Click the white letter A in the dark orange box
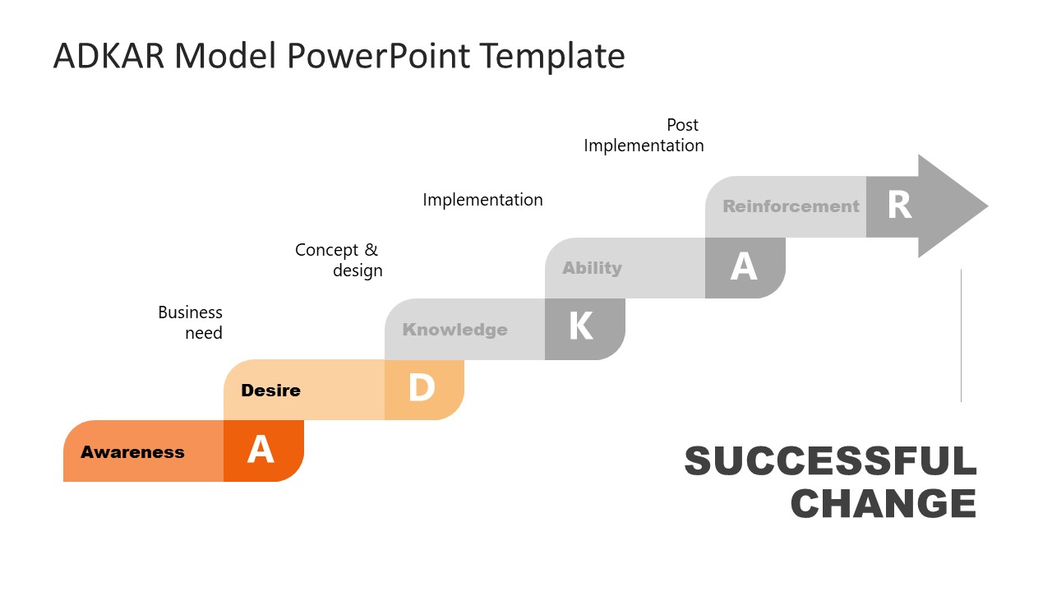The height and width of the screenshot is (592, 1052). pyautogui.click(x=261, y=451)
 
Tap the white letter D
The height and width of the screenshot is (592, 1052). pyautogui.click(x=422, y=389)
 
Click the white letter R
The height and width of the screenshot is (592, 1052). pyautogui.click(x=900, y=206)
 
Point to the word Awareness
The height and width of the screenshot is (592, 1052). pyautogui.click(x=132, y=452)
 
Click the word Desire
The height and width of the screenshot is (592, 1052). pyautogui.click(x=270, y=391)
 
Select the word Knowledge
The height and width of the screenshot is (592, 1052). pyautogui.click(x=454, y=330)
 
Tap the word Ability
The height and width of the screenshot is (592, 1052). pyautogui.click(x=592, y=268)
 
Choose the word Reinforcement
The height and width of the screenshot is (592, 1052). pyautogui.click(x=791, y=206)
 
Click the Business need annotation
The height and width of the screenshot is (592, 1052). pyautogui.click(x=191, y=322)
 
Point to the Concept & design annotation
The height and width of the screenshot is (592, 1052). pyautogui.click(x=339, y=260)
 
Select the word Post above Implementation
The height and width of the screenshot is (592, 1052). pyautogui.click(x=682, y=125)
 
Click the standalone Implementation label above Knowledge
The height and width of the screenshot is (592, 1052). pyautogui.click(x=482, y=200)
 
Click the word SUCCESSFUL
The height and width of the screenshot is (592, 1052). pyautogui.click(x=830, y=461)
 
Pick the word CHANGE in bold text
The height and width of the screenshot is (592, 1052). pyautogui.click(x=884, y=503)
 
